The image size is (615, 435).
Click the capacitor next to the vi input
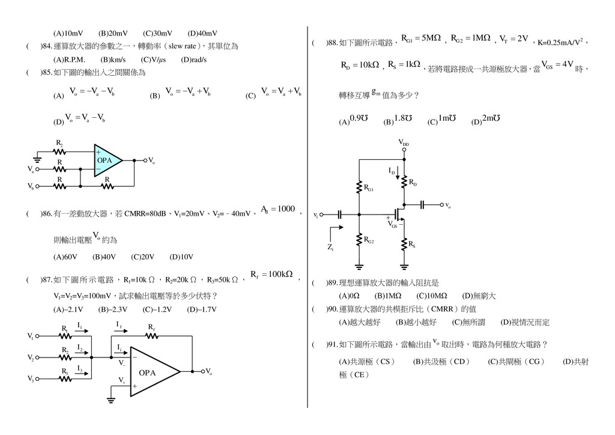(339, 214)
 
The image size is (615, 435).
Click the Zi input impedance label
(332, 247)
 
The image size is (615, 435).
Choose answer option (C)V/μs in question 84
(153, 59)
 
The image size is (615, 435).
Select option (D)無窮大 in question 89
(479, 296)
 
